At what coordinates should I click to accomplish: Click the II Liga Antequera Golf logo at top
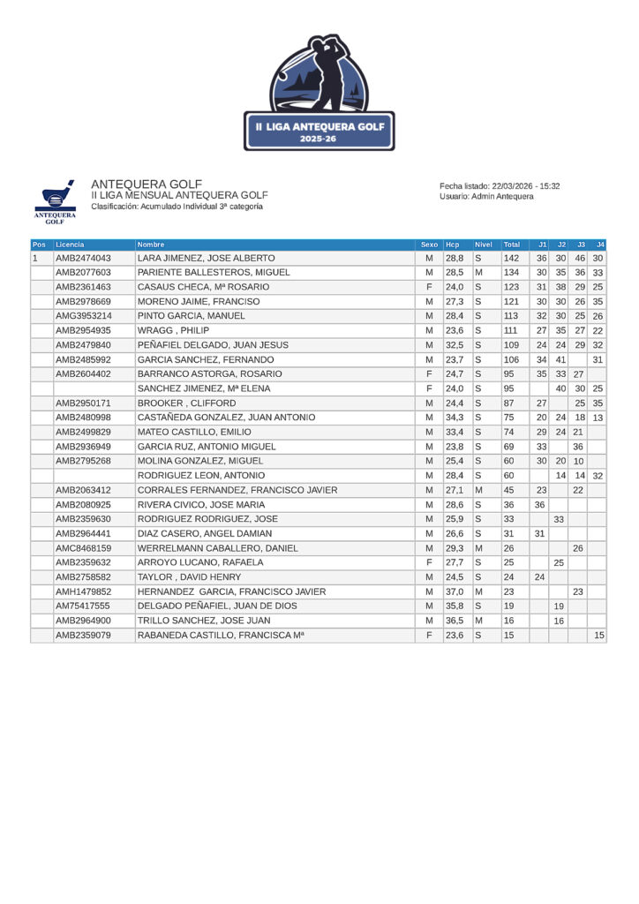pos(319,93)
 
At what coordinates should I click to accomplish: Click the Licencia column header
pos(71,245)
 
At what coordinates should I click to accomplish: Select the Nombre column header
pos(151,245)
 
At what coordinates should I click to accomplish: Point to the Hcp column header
pos(453,245)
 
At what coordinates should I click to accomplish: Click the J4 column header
pos(600,245)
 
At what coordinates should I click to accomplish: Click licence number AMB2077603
pos(83,273)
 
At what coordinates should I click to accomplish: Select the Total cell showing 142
pos(511,258)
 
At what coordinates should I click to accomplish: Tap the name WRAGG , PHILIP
pos(173,330)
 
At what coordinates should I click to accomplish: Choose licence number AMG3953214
pos(83,316)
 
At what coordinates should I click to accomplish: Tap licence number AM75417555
pos(83,606)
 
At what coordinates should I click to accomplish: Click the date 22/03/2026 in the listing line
pos(514,186)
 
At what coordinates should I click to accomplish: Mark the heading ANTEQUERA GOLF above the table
pos(147,184)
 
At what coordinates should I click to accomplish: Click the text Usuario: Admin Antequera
pos(486,197)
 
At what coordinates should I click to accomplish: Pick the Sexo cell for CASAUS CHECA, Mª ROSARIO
pos(429,287)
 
